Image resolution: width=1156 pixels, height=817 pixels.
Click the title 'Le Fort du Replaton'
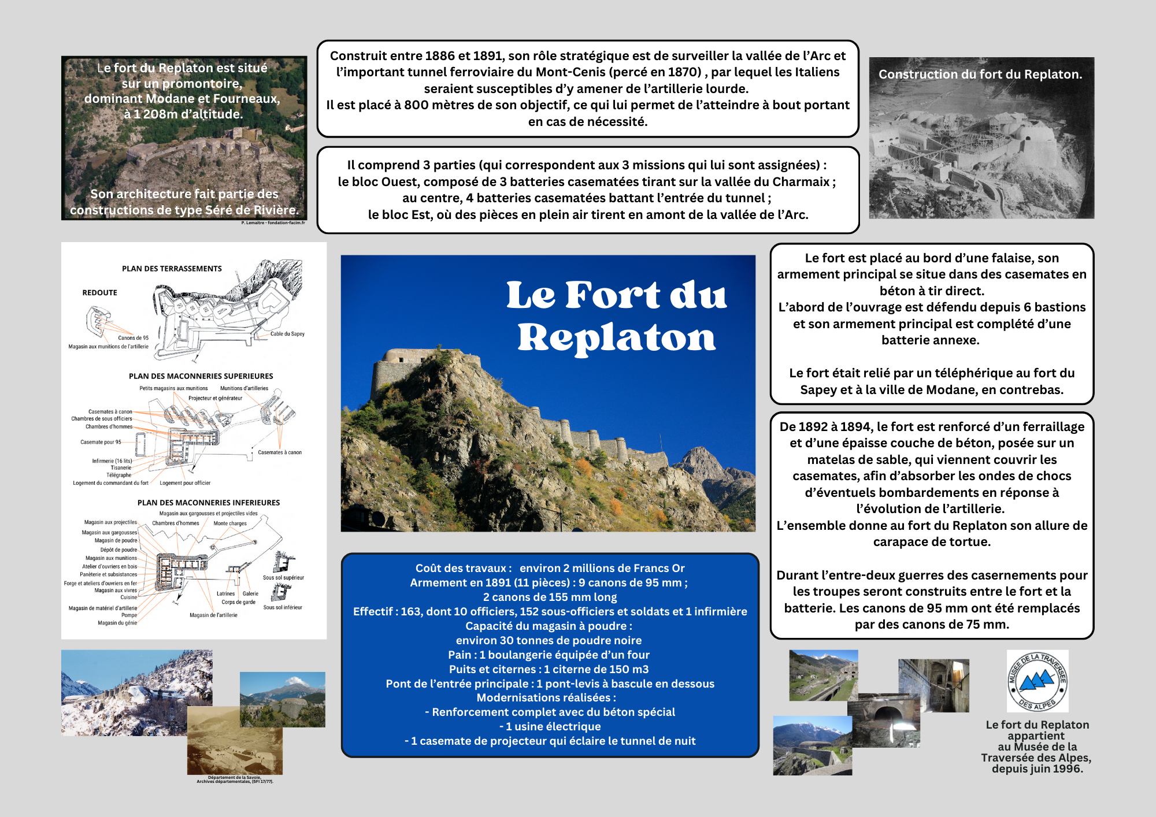(x=616, y=316)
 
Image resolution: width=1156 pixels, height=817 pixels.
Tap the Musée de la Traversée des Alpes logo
(x=1037, y=681)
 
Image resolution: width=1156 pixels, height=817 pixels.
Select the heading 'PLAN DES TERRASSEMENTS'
(x=172, y=269)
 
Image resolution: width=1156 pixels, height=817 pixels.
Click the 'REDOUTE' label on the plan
(x=99, y=293)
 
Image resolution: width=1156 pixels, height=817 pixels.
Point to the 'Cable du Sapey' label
(x=287, y=334)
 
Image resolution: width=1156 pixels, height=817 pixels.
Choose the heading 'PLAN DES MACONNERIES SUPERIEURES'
(x=201, y=376)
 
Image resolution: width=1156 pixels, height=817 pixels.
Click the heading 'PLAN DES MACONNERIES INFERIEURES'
(x=208, y=503)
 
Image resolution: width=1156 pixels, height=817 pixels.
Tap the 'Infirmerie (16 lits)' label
(x=112, y=461)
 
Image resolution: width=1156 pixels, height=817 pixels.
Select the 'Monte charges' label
(x=230, y=523)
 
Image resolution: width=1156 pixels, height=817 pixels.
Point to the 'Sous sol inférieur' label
(x=283, y=607)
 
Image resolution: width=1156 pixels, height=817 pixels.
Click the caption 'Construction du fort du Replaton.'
(x=980, y=75)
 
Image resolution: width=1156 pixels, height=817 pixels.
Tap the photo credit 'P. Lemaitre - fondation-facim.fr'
(x=273, y=222)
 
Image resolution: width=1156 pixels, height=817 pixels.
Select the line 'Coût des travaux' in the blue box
(x=550, y=568)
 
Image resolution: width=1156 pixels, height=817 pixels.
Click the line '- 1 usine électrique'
(x=550, y=726)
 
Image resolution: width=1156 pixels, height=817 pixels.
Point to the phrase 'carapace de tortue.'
(x=932, y=542)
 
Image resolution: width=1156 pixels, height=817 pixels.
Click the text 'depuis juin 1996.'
(x=1037, y=768)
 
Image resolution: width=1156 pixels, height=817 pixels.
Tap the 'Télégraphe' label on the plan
(x=118, y=475)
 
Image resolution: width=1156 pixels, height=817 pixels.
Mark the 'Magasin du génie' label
(x=117, y=623)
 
